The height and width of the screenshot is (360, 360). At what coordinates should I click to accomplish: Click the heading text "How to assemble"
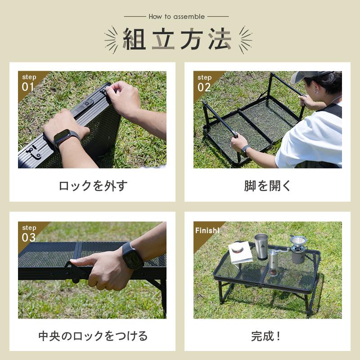click(176, 17)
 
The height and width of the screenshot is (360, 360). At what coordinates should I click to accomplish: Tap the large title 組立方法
click(177, 39)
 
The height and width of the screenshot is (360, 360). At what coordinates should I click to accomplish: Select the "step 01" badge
click(29, 83)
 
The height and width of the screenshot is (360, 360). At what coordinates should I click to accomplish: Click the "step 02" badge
click(204, 83)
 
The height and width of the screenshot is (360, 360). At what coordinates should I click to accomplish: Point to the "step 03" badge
click(29, 234)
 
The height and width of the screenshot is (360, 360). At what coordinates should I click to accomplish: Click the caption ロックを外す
click(93, 185)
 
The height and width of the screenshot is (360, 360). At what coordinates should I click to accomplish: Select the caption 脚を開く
click(267, 185)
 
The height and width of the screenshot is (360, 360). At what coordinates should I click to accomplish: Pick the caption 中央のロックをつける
click(93, 336)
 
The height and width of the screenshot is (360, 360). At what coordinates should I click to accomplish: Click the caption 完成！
click(266, 336)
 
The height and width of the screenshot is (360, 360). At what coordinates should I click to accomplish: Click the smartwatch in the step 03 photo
click(132, 256)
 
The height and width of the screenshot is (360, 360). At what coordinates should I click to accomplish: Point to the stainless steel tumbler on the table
click(261, 246)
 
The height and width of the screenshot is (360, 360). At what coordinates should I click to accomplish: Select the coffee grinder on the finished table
click(273, 262)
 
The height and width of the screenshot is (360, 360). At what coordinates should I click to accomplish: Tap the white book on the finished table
click(240, 252)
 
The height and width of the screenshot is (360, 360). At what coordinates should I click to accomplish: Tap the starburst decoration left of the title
click(111, 40)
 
